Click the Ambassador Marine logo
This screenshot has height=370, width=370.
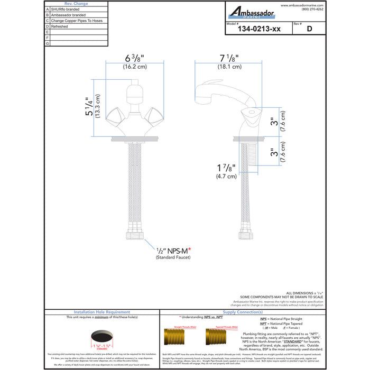[x=251, y=12]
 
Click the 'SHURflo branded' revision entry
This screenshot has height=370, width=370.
[x=66, y=10]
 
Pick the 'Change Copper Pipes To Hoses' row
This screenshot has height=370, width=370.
[x=77, y=21]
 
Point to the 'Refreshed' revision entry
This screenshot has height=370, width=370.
[x=61, y=26]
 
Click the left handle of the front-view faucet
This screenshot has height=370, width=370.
[x=116, y=115]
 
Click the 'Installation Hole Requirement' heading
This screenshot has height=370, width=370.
[x=102, y=312]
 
